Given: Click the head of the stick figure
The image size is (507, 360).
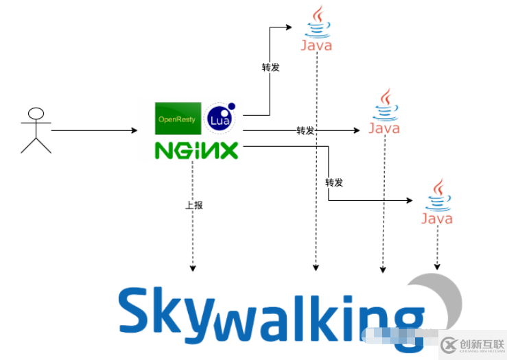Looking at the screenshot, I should [36, 113].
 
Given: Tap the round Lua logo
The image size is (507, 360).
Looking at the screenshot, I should [220, 119].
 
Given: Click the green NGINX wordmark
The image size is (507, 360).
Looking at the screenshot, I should [196, 149].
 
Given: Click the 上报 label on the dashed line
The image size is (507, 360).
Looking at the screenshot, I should [193, 205].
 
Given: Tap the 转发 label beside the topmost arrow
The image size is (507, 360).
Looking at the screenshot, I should [270, 67].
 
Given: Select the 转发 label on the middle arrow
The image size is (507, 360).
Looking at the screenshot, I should [305, 130].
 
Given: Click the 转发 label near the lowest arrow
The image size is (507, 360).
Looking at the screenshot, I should [333, 182].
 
